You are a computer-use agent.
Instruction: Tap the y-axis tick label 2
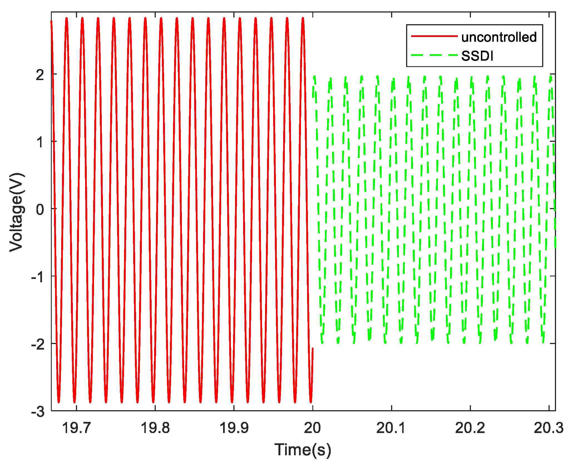point(40,75)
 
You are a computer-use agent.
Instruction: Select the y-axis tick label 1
point(40,142)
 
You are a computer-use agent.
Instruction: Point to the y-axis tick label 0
point(40,209)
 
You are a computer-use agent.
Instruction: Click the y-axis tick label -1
point(38,277)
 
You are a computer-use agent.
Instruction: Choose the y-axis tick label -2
point(38,344)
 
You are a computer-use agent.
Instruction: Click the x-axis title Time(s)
point(303,450)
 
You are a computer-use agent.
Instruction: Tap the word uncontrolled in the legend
point(499,37)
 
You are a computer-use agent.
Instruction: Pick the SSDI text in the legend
point(477,56)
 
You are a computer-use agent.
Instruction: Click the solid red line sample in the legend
point(434,36)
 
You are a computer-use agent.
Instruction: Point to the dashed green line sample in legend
point(434,55)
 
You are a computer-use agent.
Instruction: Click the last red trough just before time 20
point(311,402)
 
